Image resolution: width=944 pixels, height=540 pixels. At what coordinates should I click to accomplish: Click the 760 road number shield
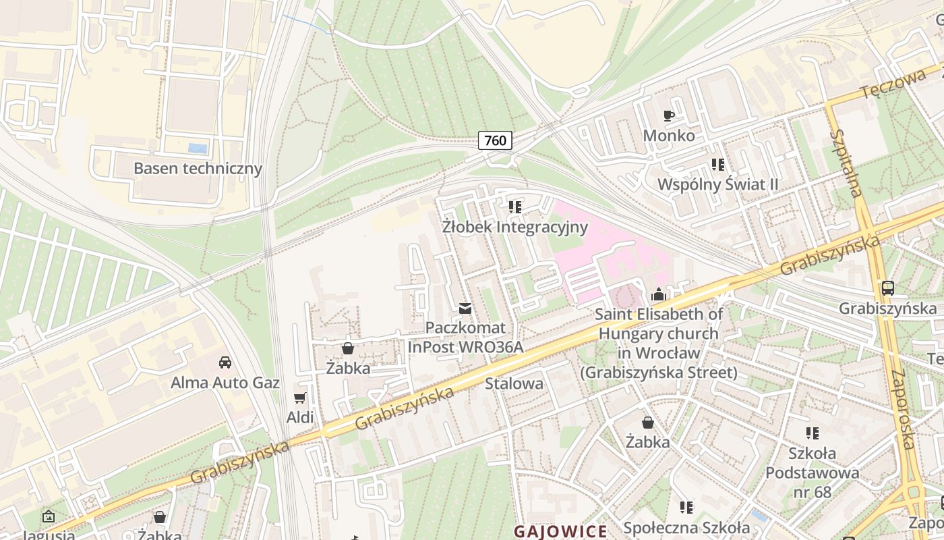[x=495, y=140]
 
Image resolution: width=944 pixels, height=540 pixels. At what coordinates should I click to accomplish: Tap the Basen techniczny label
[x=198, y=168]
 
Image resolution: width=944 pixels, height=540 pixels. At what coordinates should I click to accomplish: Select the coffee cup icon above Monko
[x=669, y=116]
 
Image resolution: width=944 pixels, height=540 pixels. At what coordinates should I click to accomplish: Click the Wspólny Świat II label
[x=718, y=184]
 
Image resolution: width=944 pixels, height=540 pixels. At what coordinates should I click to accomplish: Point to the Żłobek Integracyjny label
[x=515, y=227]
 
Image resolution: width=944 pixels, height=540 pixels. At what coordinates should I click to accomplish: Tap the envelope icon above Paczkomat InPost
[x=465, y=308]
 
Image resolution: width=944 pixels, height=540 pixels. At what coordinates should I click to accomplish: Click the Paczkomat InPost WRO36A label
[x=465, y=337]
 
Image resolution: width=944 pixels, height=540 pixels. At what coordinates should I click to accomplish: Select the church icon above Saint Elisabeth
[x=658, y=294]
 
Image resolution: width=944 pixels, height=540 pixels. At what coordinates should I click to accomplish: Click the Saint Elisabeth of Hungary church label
[x=659, y=343]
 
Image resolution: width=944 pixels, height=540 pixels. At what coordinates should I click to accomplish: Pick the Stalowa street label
[x=514, y=383]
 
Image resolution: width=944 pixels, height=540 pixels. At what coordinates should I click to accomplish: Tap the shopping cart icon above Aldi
[x=300, y=398]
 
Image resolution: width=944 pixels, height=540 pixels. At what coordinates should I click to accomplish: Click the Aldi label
[x=300, y=418]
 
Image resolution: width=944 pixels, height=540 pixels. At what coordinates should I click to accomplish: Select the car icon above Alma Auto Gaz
[x=225, y=362]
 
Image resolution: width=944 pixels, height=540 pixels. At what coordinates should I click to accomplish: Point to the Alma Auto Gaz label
[x=225, y=383]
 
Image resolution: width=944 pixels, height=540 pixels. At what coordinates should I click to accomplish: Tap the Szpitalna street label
[x=847, y=163]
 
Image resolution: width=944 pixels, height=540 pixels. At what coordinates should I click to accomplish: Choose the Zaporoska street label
[x=902, y=409]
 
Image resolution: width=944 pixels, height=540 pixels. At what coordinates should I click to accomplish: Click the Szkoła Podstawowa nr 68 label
[x=812, y=473]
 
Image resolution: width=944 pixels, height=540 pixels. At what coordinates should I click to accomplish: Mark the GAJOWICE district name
[x=560, y=531]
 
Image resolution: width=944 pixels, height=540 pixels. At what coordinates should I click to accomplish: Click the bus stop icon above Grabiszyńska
[x=888, y=288]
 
